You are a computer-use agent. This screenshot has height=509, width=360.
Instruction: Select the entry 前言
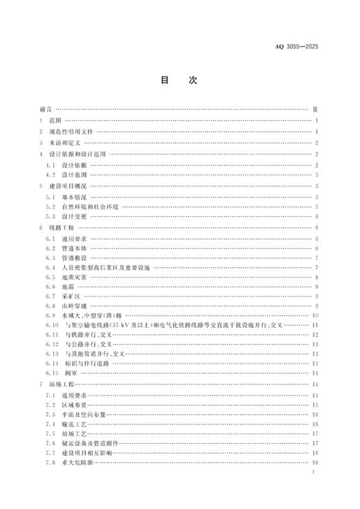tap(46, 109)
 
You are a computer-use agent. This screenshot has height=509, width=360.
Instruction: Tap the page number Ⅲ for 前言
tap(315, 109)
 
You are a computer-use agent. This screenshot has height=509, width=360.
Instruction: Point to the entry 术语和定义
tap(69, 143)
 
